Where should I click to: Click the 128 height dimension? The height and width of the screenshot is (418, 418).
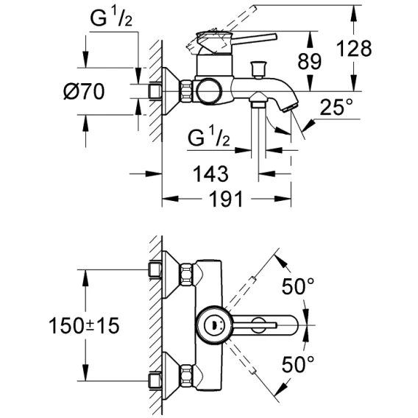pos(354,49)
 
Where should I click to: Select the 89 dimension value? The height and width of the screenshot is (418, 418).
pos(310,61)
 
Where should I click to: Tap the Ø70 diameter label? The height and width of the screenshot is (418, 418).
pos(84,91)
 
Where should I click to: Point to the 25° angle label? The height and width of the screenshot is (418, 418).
pos(336,107)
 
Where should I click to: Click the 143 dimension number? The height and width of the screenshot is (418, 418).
pos(210,174)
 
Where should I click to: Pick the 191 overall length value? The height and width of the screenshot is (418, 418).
pos(226,199)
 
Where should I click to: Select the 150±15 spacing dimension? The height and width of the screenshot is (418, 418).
pos(84,326)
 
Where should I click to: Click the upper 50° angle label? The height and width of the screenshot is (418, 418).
pos(298,286)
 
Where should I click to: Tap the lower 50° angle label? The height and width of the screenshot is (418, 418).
pos(298,364)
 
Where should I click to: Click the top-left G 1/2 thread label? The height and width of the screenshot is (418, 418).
pos(111,18)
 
